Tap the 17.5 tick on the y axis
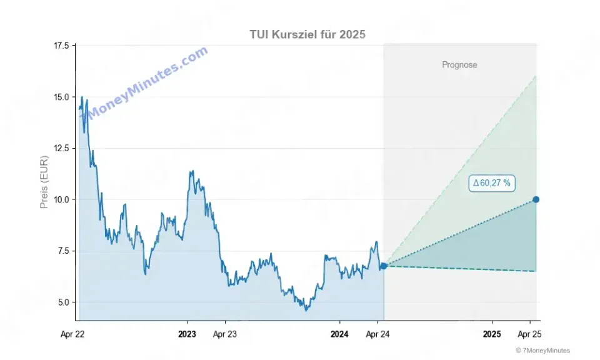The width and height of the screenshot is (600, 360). pos(62,46)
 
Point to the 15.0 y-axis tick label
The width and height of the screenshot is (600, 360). pos(62,97)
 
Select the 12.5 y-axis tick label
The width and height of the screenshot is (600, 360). pos(62,148)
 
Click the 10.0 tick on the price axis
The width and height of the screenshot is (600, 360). pos(62,199)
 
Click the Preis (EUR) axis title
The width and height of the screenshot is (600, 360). pos(44,182)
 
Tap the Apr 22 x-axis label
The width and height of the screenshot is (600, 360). pos(72,334)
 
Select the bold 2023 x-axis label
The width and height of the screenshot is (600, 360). pos(187,334)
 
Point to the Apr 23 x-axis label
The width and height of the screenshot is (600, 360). pos(225,334)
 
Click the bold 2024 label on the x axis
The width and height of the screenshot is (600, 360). pos(339,334)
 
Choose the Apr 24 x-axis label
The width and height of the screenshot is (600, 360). pos(377,334)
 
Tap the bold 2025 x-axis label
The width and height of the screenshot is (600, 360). pos(492,334)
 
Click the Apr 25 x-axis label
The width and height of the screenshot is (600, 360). pos(530,334)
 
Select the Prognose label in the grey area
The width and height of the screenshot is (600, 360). pos(459,65)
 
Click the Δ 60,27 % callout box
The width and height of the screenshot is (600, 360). pos(492,183)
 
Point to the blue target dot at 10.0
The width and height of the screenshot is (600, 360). pos(536,199)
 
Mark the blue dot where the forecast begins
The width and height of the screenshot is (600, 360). pos(384,266)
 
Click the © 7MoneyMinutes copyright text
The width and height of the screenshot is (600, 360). pos(542,351)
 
